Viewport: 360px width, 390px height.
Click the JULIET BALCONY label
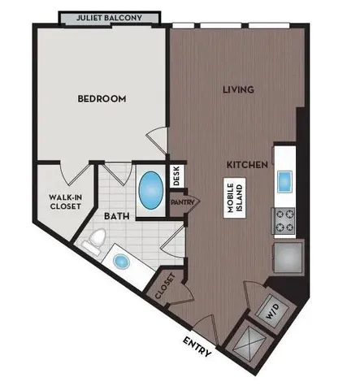tap(112, 16)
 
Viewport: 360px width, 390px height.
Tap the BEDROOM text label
tap(102, 99)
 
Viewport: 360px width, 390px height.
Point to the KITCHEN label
tap(247, 164)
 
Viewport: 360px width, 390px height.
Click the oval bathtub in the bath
tap(150, 189)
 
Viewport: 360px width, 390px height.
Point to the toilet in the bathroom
tap(96, 238)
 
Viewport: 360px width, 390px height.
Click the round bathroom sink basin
tap(122, 262)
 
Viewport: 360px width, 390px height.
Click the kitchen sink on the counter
tap(285, 180)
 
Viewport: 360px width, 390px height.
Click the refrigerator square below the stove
tap(287, 260)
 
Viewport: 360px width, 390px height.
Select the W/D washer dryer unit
tap(271, 310)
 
